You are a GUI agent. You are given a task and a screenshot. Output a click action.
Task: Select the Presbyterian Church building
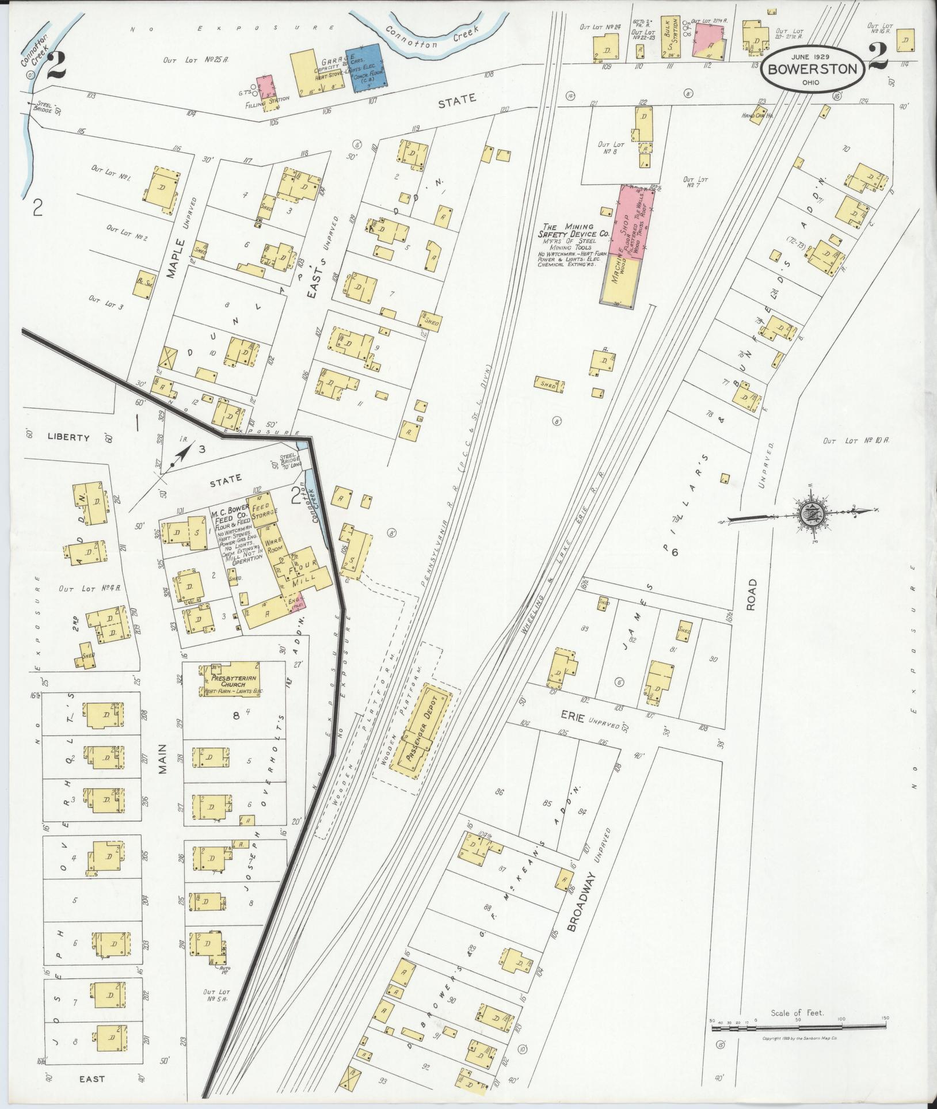[230, 680]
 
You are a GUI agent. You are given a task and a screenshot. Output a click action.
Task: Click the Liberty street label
[68, 437]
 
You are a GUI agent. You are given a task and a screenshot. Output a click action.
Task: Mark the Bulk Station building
[669, 37]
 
